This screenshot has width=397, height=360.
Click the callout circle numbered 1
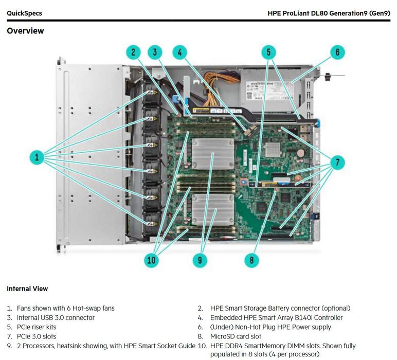click(x=37, y=157)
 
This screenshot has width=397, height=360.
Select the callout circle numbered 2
click(x=133, y=52)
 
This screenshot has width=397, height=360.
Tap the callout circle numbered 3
click(x=155, y=52)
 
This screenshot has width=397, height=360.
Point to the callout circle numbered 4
click(x=179, y=52)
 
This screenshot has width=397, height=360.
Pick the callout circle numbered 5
click(x=268, y=52)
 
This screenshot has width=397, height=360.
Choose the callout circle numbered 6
click(x=337, y=52)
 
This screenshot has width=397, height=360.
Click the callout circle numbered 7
click(x=337, y=163)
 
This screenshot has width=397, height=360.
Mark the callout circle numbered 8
click(x=251, y=260)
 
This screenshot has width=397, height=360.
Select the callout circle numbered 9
click(x=200, y=260)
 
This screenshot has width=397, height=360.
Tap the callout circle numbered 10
click(x=151, y=260)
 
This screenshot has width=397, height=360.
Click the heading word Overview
click(x=25, y=31)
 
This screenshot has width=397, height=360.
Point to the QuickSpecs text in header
click(x=24, y=13)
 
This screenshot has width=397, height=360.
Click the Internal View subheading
click(x=27, y=289)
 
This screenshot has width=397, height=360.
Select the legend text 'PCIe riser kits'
click(x=37, y=327)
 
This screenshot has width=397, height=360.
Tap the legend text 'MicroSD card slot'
click(x=236, y=336)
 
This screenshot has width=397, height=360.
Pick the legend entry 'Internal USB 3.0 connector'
click(x=56, y=318)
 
